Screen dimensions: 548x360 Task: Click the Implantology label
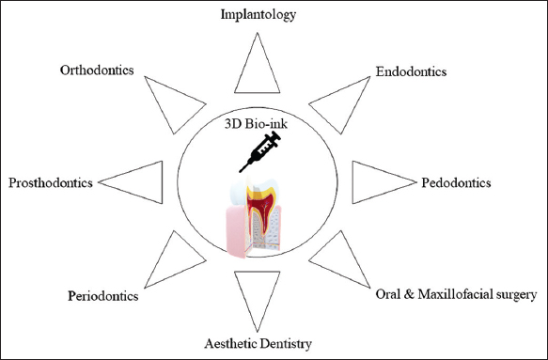click(258, 15)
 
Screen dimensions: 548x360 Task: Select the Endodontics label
click(411, 71)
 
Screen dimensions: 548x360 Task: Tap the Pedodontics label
click(456, 182)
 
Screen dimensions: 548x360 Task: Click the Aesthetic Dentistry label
click(258, 344)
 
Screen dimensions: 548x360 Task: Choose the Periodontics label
click(103, 296)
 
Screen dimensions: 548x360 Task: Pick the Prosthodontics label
click(51, 182)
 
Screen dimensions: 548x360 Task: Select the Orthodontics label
click(97, 70)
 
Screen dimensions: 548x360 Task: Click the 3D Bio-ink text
click(256, 124)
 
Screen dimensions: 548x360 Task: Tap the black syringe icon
click(260, 151)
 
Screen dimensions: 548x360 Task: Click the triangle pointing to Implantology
click(258, 70)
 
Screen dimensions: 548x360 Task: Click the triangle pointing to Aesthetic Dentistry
click(258, 293)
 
